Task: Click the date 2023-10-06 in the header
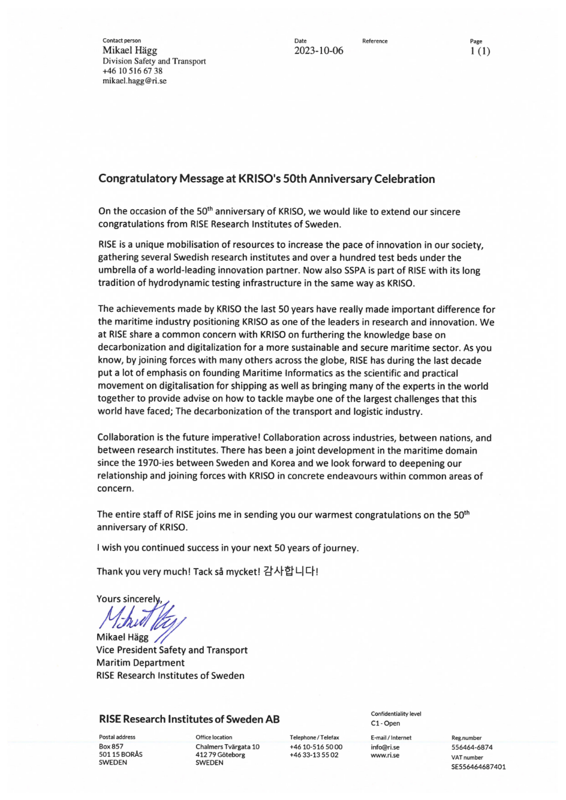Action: coord(318,51)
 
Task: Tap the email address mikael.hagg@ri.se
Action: coord(134,81)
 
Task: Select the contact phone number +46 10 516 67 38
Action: coord(132,71)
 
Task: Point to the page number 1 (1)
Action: coord(480,51)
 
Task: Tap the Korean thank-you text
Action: coord(290,571)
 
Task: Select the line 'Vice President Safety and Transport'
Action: coord(171,650)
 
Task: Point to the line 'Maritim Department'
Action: coord(140,663)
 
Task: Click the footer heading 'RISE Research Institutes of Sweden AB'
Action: coord(189,719)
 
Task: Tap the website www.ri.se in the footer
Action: coord(385,755)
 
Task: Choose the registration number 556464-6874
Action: coord(472,747)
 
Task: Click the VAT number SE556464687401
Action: coord(478,766)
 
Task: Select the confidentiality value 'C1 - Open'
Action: coord(385,723)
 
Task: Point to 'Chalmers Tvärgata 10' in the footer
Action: coord(227,747)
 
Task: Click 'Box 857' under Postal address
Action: coord(111,747)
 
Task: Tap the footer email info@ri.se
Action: coord(385,747)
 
